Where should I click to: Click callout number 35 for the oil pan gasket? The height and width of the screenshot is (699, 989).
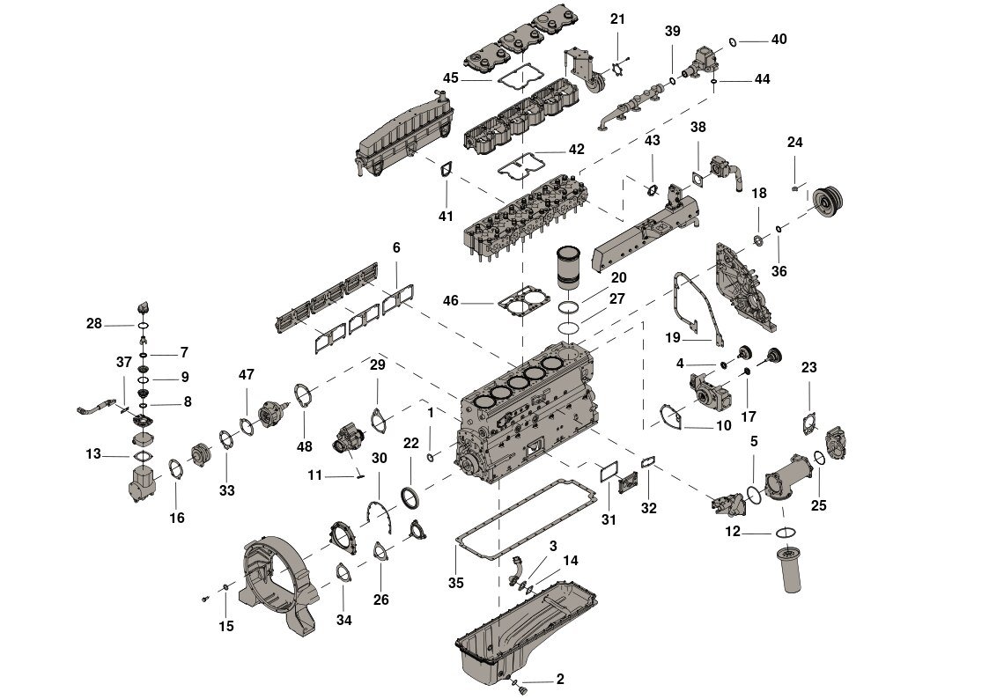pyautogui.click(x=455, y=583)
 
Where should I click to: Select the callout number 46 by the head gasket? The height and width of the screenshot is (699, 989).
pyautogui.click(x=450, y=301)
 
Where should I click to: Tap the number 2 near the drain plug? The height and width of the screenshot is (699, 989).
pyautogui.click(x=559, y=679)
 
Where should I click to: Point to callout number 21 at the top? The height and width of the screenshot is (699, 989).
pyautogui.click(x=617, y=18)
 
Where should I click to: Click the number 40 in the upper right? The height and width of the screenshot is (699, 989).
pyautogui.click(x=779, y=39)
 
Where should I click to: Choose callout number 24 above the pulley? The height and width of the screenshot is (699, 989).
pyautogui.click(x=794, y=143)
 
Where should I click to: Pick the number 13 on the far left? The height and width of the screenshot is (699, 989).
pyautogui.click(x=93, y=453)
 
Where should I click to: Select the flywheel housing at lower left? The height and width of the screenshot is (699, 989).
pyautogui.click(x=277, y=583)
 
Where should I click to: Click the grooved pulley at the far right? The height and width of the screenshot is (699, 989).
pyautogui.click(x=827, y=202)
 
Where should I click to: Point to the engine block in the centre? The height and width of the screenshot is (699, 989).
pyautogui.click(x=527, y=409)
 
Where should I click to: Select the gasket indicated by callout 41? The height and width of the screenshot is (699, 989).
pyautogui.click(x=446, y=169)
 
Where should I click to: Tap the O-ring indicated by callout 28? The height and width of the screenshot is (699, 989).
pyautogui.click(x=144, y=326)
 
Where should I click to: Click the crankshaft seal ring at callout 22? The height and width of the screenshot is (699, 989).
pyautogui.click(x=411, y=496)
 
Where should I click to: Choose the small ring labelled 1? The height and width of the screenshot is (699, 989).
pyautogui.click(x=430, y=457)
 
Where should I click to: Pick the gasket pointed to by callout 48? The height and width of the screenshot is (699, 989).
pyautogui.click(x=303, y=397)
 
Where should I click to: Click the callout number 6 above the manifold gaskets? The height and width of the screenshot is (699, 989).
pyautogui.click(x=396, y=247)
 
